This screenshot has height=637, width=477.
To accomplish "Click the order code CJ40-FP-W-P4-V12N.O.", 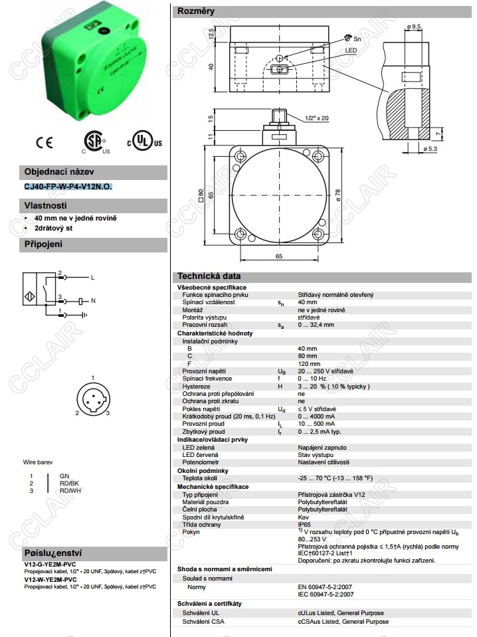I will click(x=68, y=187).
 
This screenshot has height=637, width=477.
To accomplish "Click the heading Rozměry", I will click(x=195, y=11).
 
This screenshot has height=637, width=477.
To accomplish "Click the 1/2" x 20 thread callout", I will click(x=317, y=118).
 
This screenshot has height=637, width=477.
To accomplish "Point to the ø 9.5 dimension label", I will click(x=413, y=27).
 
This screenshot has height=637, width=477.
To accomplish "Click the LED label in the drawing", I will click(x=351, y=50).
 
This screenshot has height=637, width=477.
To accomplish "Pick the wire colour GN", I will click(x=64, y=476).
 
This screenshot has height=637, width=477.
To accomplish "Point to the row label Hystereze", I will click(x=196, y=387).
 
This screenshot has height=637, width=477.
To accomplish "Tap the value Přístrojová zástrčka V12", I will click(x=331, y=495).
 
